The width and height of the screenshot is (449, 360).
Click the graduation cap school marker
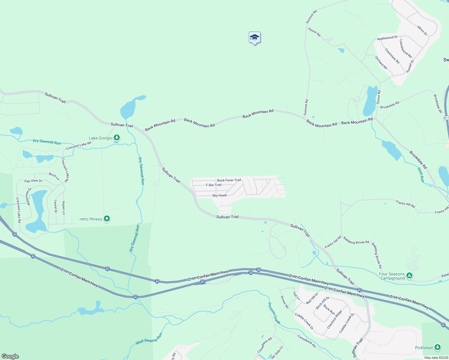pos(255,37)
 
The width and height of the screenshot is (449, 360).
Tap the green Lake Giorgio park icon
pos(117,138)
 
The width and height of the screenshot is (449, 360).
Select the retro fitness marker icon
pos(107,219)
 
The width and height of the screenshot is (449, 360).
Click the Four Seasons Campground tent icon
pos(409,275)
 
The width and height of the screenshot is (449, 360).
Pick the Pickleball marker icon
pos(437,347)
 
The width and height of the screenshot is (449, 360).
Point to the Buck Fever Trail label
pos(229,180)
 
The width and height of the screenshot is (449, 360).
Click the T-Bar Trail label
pos(213,185)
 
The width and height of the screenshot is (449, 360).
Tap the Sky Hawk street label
pos(219,196)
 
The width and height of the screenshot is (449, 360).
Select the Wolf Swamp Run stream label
pos(149,339)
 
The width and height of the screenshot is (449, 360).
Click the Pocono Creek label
pos(274,313)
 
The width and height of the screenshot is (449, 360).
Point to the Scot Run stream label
pos(421,175)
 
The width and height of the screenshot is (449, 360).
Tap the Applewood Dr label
pos(387,38)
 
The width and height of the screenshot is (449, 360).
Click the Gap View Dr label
pos(33,181)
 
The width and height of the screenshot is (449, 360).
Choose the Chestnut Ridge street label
pos(334,319)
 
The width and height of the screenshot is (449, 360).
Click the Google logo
pos(10,356)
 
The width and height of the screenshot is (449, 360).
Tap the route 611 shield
pos(446,118)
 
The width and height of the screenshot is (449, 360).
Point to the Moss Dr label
pos(422,31)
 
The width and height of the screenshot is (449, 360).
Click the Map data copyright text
pos(436,358)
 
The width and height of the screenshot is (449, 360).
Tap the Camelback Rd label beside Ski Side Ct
pos(264,345)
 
